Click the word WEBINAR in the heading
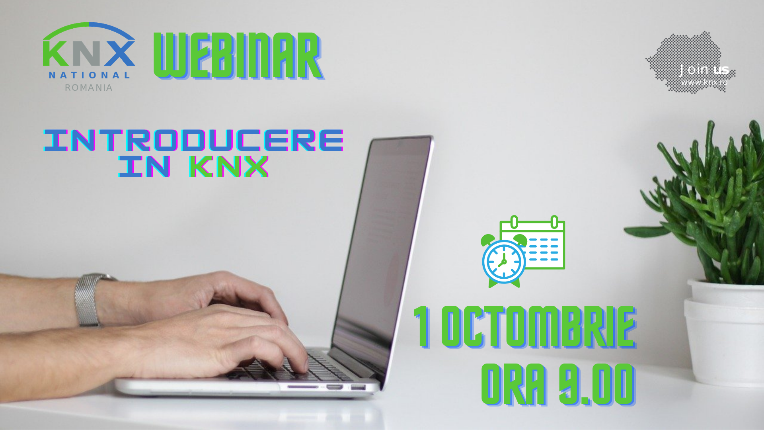tap(238, 56)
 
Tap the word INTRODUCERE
tap(193, 140)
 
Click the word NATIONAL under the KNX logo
tap(89, 75)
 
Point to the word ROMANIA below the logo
tap(89, 88)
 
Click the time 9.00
tap(596, 384)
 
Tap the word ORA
tap(514, 384)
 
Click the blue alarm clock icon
tap(503, 261)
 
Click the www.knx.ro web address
tap(704, 82)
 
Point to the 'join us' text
tap(704, 70)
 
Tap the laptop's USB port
tap(358, 387)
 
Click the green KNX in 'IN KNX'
tap(229, 166)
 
